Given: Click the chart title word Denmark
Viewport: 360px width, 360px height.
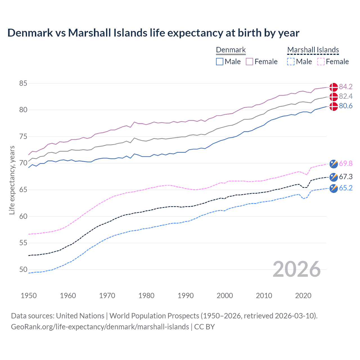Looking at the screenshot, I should coord(30,33).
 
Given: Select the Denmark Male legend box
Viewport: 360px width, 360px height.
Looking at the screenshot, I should coord(220,62).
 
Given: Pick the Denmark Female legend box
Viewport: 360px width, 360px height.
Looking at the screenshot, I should coord(249,62).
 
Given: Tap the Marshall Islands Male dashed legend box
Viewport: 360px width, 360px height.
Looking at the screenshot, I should coord(291,62).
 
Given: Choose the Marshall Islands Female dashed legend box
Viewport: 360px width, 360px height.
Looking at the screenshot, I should coord(321,62).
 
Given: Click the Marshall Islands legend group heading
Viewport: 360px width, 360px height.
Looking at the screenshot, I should coord(313,50).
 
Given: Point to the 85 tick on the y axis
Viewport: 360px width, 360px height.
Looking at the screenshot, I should coord(23,83).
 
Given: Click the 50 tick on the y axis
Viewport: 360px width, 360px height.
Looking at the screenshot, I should coord(23,269).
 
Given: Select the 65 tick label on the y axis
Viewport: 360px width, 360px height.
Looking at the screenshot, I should coord(23,190).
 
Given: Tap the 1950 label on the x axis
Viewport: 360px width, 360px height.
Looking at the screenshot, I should coord(29,296).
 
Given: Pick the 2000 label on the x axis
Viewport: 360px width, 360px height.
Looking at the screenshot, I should coord(225,296).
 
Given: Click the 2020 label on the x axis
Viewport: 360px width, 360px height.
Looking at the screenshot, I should coord(303,296).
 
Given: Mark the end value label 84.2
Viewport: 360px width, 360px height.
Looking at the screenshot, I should coord(346,87).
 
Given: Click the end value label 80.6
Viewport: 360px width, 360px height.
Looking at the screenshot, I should coord(346,106).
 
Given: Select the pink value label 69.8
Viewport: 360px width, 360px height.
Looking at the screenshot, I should coord(346,164).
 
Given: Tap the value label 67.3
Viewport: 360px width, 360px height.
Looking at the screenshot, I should coord(346,177).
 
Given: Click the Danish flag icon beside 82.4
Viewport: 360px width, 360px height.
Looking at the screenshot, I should coord(334,97).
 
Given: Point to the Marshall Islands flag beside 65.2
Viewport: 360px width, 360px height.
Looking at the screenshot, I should coord(334,188).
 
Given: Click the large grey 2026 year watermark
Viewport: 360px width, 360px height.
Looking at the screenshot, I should coord(296,269).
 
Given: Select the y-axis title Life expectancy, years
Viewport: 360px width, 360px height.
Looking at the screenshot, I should coord(12,180).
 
